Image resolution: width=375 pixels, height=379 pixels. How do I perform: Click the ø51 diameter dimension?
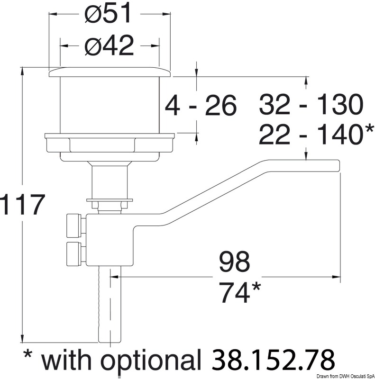coord(108,14)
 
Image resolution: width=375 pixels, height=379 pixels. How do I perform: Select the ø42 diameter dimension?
coord(109,45)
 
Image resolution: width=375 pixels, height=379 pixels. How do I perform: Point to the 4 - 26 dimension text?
coord(201,106)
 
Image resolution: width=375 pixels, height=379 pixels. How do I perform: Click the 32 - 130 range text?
coord(311,104)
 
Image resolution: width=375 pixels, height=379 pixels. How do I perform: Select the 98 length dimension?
coord(234,262)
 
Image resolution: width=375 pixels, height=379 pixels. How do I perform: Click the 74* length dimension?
coord(240,292)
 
